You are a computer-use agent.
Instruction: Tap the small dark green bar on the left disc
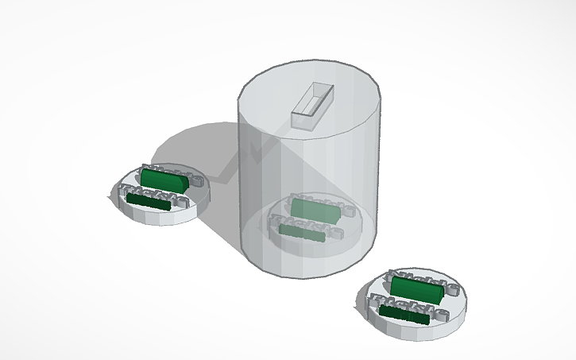(149, 203)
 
